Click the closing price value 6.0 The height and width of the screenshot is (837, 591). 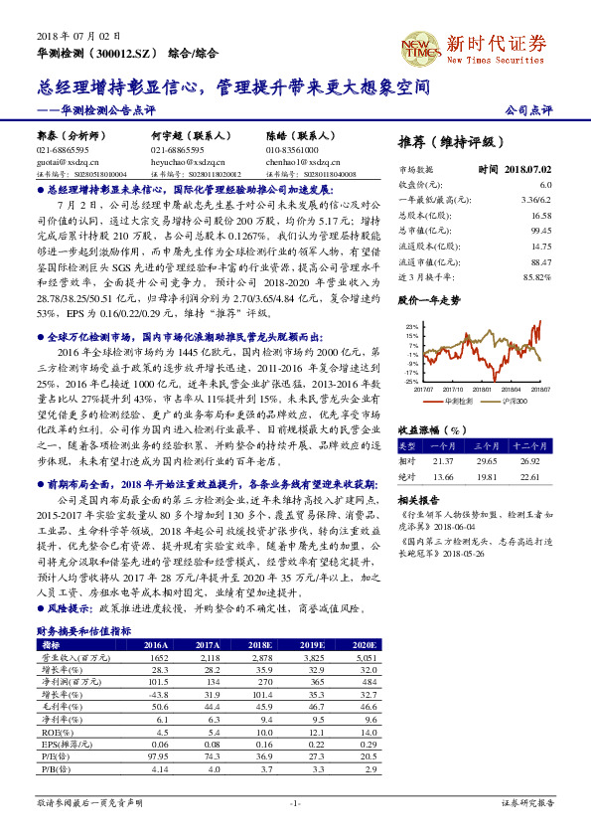(x=545, y=185)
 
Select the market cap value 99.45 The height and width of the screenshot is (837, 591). (x=541, y=230)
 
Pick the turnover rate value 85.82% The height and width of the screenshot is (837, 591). (x=537, y=276)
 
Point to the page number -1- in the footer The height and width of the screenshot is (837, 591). (x=294, y=802)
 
